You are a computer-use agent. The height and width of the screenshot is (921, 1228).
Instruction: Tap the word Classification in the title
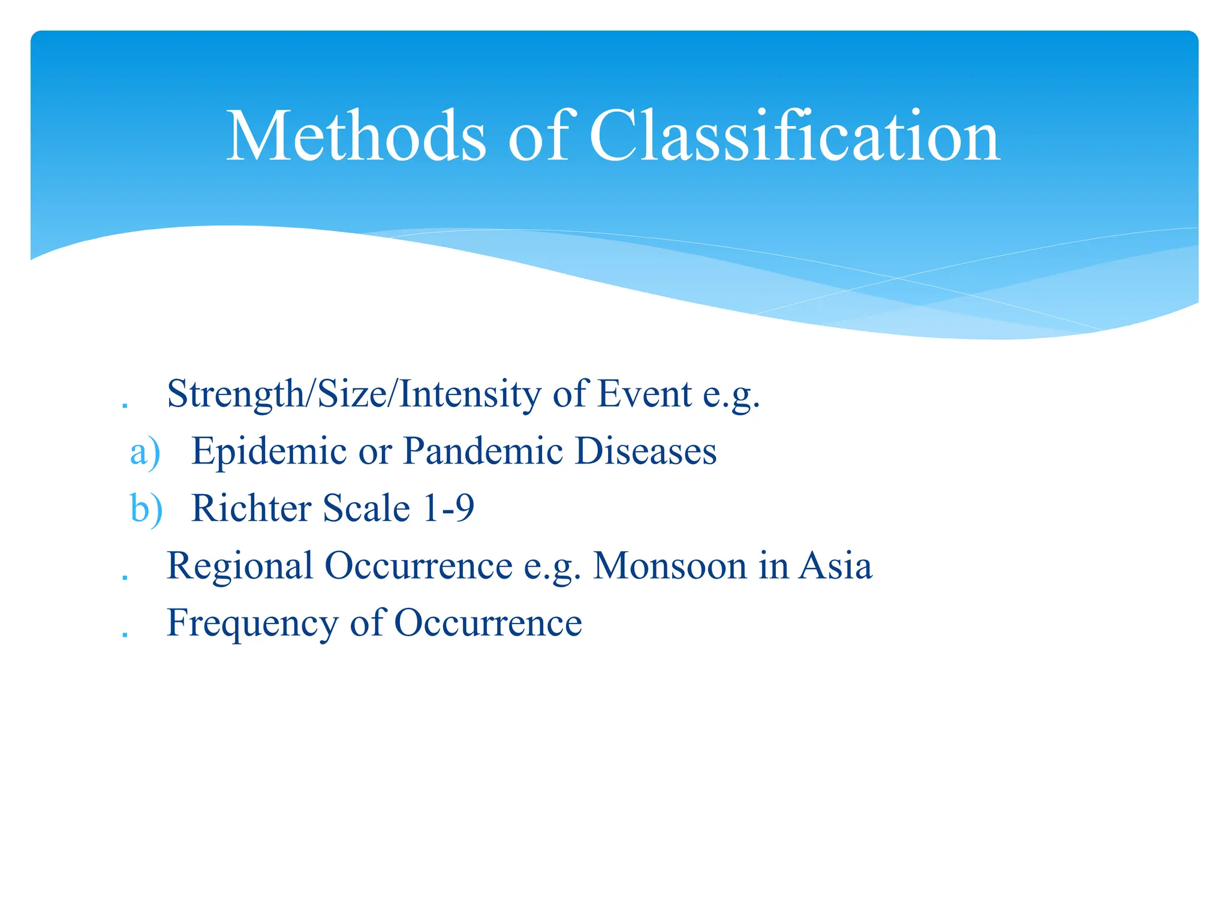point(794,137)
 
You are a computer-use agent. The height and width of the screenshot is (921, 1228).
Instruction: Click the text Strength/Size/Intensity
point(354,395)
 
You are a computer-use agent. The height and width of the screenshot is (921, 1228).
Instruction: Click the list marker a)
point(145,452)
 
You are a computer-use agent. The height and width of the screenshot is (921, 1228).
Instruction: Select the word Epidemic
point(269,451)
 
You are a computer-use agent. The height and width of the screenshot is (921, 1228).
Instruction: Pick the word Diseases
point(645,451)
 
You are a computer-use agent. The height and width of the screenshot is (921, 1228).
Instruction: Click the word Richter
point(251,508)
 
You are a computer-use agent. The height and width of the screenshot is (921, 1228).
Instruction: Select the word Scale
point(366,508)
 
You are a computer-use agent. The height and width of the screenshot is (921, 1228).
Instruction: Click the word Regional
point(240,566)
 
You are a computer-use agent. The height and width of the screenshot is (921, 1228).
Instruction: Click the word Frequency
point(252,624)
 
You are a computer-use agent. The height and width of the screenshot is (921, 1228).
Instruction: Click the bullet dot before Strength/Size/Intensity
point(125,406)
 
